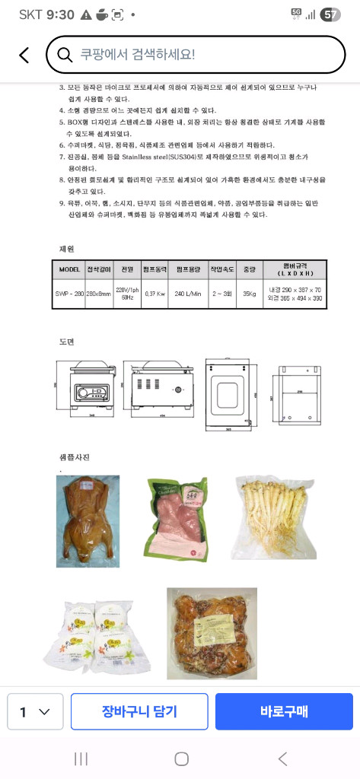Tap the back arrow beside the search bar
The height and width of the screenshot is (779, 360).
point(24,55)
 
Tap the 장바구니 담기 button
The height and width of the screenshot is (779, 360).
point(139,711)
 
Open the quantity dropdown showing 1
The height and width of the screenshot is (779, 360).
point(35,712)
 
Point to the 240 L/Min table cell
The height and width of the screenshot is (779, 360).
point(190,293)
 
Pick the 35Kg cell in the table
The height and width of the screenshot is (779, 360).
point(247,293)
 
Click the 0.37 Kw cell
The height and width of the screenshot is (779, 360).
point(155,293)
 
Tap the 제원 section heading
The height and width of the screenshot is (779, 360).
point(67,248)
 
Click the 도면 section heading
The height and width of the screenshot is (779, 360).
point(67,342)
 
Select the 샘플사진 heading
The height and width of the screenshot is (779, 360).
point(75,457)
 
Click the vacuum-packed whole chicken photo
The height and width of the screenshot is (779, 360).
point(88,521)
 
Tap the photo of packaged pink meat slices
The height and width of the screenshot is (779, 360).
point(176,520)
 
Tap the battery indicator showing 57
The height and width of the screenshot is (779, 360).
point(330,14)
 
